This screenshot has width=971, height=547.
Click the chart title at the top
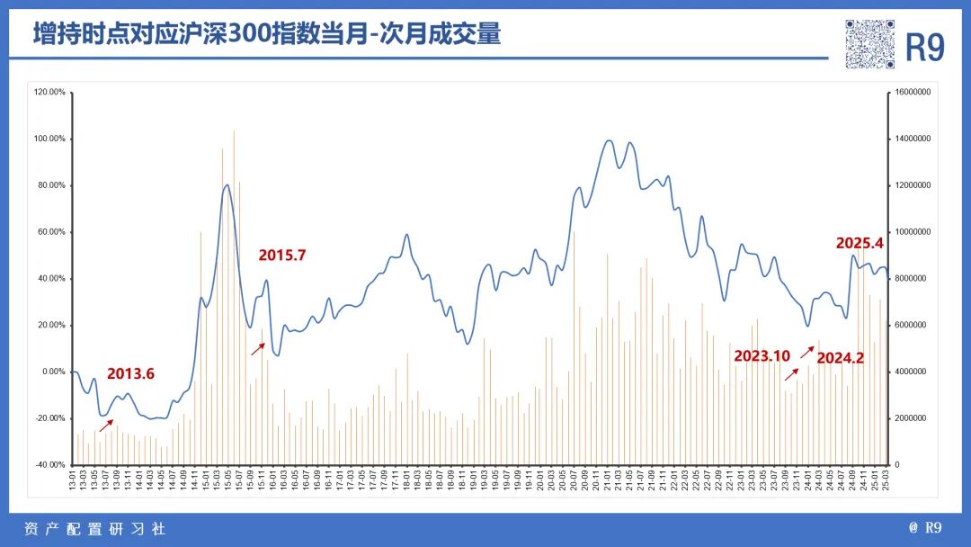click(x=267, y=34)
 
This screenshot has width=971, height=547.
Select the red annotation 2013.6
click(x=131, y=374)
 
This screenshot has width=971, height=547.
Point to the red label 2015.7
click(x=282, y=256)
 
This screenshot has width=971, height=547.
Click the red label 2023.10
click(x=762, y=356)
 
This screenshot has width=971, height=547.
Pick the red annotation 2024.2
click(x=840, y=358)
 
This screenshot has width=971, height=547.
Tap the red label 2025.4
click(x=860, y=243)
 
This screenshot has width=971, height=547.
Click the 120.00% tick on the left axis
click(x=50, y=92)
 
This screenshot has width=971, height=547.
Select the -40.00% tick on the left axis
click(x=50, y=464)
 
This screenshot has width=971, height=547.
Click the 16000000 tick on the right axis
click(x=915, y=92)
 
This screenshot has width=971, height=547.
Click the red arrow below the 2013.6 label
click(x=106, y=426)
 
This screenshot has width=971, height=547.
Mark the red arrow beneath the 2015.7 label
click(x=258, y=348)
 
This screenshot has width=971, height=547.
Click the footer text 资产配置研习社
click(x=94, y=529)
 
